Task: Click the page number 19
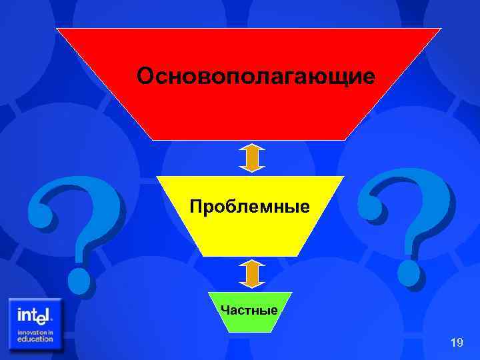click(x=457, y=343)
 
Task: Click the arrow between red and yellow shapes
click(x=252, y=158)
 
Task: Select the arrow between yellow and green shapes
click(x=252, y=273)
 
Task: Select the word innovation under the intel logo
click(x=35, y=331)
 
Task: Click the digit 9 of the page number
click(x=460, y=343)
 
